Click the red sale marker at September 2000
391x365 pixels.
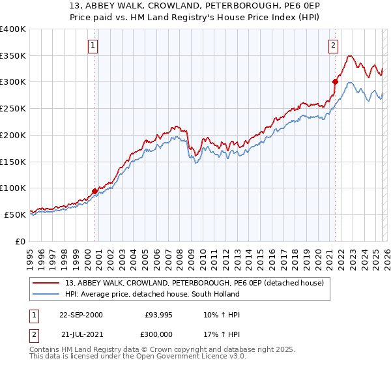tap(95, 191)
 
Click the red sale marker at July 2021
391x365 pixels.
tap(335, 81)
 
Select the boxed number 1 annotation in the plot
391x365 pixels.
tap(93, 46)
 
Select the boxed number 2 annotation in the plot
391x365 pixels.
tap(333, 46)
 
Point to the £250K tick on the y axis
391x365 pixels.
tap(13, 109)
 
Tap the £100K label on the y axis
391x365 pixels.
tap(13, 188)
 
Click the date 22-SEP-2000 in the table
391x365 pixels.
tap(81, 315)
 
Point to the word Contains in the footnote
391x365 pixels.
tap(46, 351)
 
